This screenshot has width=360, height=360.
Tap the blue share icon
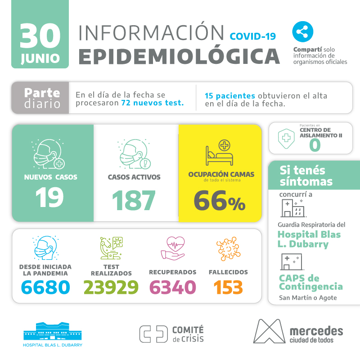click(x=302, y=32)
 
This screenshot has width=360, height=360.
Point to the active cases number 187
click(x=134, y=200)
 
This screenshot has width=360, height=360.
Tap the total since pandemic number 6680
click(x=45, y=287)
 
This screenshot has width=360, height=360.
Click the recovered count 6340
click(x=172, y=287)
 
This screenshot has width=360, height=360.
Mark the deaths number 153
click(x=228, y=287)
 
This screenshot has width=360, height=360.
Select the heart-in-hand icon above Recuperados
click(x=172, y=249)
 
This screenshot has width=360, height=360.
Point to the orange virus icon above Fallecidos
click(x=228, y=248)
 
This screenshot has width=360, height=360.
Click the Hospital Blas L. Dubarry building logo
click(x=53, y=332)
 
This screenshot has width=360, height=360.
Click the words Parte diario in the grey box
click(x=42, y=98)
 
